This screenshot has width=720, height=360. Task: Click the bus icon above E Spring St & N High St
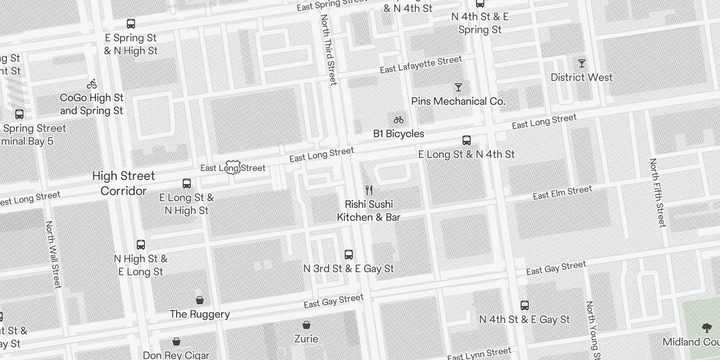[x=131, y=24]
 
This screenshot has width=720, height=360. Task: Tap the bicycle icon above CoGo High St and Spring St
[x=92, y=84]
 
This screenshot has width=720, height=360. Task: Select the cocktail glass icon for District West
[x=582, y=63]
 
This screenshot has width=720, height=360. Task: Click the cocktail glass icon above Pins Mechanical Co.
[x=459, y=87]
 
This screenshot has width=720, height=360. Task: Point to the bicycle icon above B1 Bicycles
[x=399, y=120]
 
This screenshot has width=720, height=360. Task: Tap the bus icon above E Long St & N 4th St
[x=467, y=140]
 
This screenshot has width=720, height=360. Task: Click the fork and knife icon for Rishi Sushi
[x=369, y=190]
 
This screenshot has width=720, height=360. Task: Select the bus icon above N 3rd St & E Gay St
[x=349, y=255]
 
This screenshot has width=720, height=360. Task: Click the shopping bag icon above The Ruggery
[x=200, y=300]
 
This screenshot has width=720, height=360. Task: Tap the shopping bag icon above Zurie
[x=306, y=325]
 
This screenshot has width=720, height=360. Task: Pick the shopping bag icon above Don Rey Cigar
[x=176, y=342]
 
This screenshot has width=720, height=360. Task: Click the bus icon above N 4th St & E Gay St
[x=525, y=306]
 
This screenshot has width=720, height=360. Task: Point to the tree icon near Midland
[x=706, y=328]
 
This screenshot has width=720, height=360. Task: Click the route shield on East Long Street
[x=233, y=167]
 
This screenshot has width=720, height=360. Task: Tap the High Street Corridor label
[x=123, y=183]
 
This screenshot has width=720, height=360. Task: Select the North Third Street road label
[x=329, y=49]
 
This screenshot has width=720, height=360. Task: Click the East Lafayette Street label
[x=421, y=64]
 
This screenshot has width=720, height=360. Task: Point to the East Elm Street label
[x=562, y=193]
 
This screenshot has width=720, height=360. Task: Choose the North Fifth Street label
[x=657, y=193]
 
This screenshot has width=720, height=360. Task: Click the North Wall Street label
[x=53, y=254]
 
